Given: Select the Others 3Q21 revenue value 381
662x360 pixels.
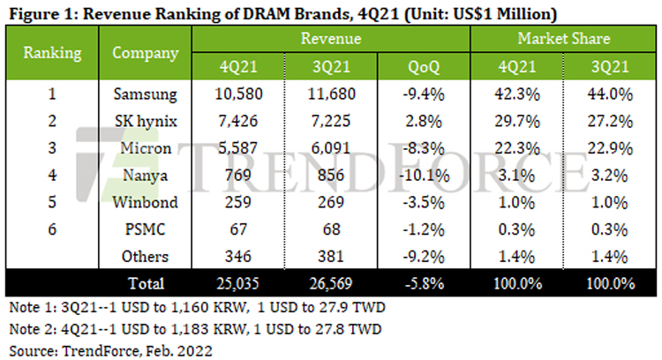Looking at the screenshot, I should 331,258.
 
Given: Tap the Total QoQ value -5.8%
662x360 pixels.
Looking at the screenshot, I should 423,283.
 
